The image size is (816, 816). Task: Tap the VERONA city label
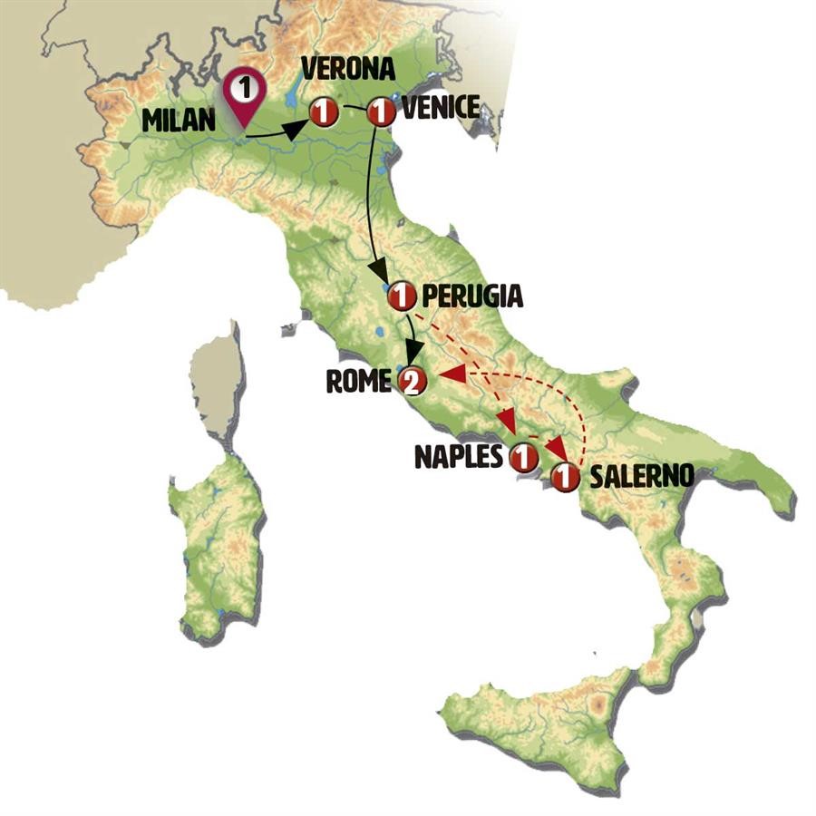(x=348, y=70)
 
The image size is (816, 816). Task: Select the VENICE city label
(x=440, y=108)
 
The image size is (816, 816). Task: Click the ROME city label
(x=357, y=382)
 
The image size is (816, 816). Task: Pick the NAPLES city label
(x=458, y=456)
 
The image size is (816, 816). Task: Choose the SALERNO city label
(x=641, y=476)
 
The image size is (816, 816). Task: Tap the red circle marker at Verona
(x=324, y=113)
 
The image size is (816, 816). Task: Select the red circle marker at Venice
(x=382, y=112)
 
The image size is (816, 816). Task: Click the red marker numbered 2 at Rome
(x=412, y=382)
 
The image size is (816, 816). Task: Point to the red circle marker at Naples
(x=523, y=458)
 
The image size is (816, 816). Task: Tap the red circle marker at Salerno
(x=566, y=477)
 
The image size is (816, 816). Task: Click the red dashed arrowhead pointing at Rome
(x=449, y=374)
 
